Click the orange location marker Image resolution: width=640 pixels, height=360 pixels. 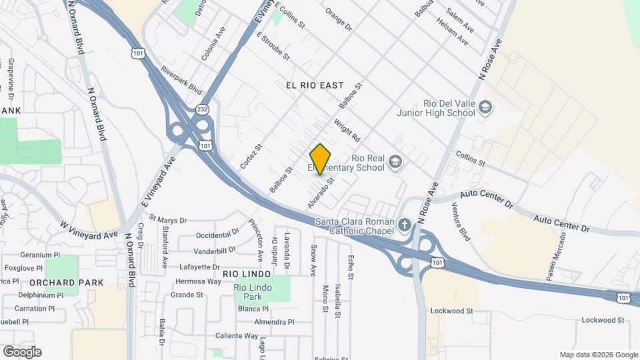(321, 159)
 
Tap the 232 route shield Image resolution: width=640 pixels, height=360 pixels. (203, 109)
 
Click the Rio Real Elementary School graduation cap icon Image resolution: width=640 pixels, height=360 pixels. (397, 162)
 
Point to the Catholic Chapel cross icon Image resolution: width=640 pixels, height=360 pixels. (405, 226)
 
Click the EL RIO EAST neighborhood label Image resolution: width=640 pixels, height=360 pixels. (314, 85)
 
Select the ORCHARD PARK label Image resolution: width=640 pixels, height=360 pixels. (75, 283)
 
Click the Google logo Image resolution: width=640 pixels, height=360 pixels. (22, 352)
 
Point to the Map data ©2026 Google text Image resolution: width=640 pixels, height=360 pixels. (599, 355)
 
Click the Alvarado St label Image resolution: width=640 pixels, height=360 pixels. (320, 191)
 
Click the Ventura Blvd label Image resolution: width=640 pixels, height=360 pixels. (464, 227)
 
